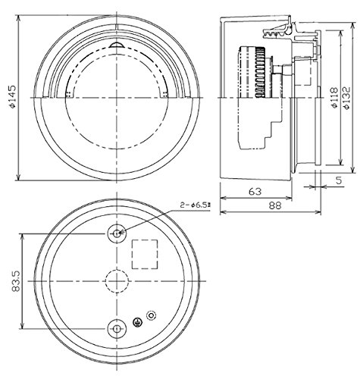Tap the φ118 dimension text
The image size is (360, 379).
click(334, 98)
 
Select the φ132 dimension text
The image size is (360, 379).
click(347, 98)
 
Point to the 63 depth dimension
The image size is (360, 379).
click(255, 192)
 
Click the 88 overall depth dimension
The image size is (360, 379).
click(275, 206)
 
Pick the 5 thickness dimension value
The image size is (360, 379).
click(339, 180)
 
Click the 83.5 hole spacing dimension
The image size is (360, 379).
click(17, 281)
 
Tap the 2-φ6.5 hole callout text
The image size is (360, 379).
click(196, 205)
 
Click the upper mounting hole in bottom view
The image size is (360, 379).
click(117, 233)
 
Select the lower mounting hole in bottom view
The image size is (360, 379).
click(117, 329)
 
